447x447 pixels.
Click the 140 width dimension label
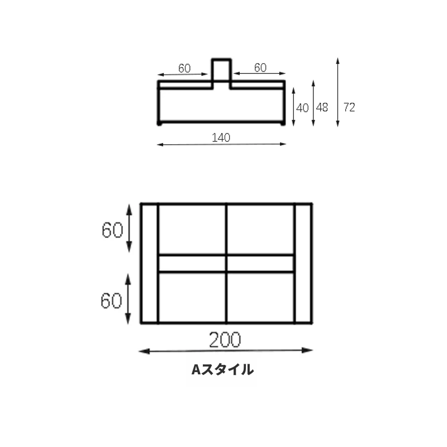[221, 137]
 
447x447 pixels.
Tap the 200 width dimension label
[225, 340]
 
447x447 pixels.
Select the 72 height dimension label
[349, 107]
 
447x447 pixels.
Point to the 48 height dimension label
[322, 107]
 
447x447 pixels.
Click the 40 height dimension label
[302, 108]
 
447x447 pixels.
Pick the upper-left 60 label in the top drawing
[184, 68]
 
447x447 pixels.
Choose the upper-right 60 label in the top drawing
[260, 68]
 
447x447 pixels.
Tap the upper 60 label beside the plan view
[112, 230]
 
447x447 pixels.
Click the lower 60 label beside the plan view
[111, 301]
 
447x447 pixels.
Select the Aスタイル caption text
[222, 370]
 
